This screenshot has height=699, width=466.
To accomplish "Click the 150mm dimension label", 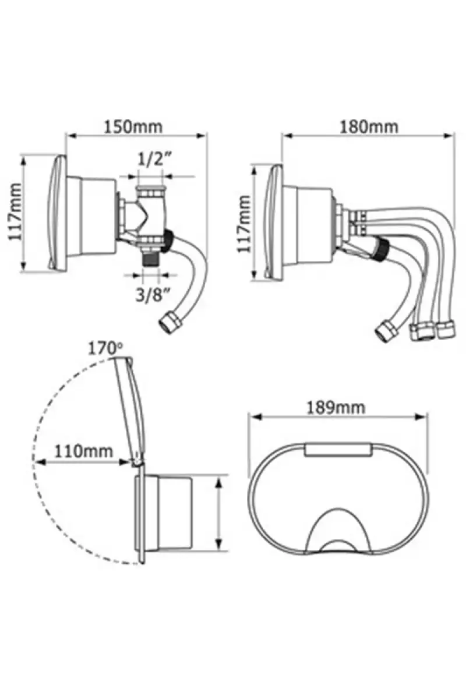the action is click(133, 127).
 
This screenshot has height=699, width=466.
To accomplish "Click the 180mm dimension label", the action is click(369, 127).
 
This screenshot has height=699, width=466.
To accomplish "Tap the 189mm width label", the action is click(336, 408).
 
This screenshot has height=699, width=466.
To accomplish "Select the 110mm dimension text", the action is click(83, 451).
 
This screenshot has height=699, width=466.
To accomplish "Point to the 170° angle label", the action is click(105, 348).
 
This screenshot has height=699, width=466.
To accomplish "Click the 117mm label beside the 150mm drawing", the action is click(15, 212).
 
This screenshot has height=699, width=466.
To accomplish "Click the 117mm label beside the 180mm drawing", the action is click(243, 224).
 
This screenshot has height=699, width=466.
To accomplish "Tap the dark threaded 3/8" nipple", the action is click(151, 259).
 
